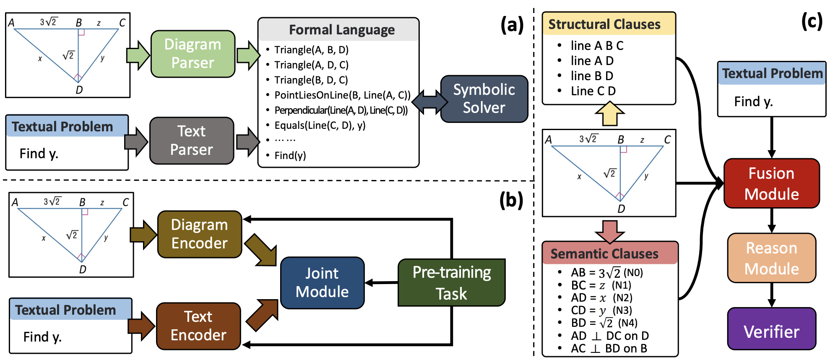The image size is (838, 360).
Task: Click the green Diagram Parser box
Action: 193,54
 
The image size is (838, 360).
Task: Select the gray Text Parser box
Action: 192,141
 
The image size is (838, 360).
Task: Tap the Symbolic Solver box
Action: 484,99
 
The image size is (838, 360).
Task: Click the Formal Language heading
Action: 342,30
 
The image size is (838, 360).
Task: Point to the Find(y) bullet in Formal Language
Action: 290,156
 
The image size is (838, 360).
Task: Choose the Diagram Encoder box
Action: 200,234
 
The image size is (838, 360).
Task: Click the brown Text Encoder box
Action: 198,326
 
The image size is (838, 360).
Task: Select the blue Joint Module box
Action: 322,283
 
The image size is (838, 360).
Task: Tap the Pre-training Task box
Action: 452,282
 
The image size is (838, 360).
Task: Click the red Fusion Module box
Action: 772,183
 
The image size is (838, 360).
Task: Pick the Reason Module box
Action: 772,258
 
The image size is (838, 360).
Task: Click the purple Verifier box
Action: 772,329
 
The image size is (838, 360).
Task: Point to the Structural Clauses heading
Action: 604,24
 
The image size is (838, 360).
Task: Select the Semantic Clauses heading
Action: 604,254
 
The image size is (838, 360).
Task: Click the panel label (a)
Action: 512,25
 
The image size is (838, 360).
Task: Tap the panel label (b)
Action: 511,200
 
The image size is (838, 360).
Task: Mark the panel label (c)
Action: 812,21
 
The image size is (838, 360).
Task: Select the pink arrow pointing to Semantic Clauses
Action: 610,232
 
